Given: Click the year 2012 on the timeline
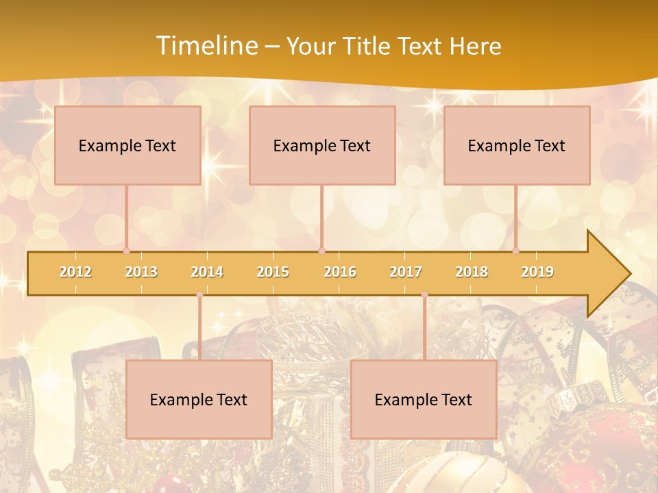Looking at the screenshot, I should click(x=75, y=272).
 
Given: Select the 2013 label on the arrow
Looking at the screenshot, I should click(x=141, y=272).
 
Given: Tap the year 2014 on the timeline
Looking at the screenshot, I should click(x=207, y=272).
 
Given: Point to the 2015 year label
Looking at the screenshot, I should click(x=273, y=272).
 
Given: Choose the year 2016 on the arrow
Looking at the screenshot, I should click(x=340, y=272).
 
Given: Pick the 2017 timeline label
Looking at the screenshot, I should click(x=406, y=272).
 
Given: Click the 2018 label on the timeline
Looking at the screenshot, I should click(x=472, y=272).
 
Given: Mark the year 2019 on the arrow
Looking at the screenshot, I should click(x=537, y=272).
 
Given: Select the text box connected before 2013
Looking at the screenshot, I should click(x=127, y=145).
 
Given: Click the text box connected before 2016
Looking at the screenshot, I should click(x=322, y=145).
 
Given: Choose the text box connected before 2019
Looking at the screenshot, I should click(x=517, y=145).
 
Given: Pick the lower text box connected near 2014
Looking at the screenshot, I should click(x=199, y=399).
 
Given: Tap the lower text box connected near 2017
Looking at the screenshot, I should click(x=424, y=399).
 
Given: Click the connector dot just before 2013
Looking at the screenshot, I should click(x=126, y=251).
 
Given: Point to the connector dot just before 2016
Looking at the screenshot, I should click(x=322, y=251).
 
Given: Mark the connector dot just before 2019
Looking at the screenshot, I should click(x=515, y=251).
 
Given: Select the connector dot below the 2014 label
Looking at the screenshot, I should click(x=199, y=294).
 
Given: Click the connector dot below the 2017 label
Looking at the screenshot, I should click(x=424, y=294).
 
